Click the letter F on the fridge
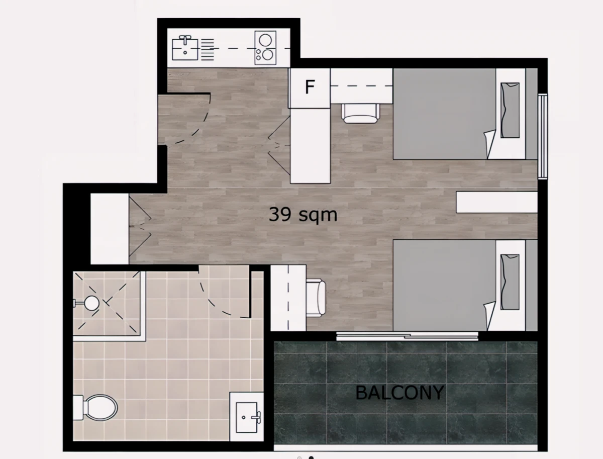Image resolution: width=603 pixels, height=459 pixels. click(x=310, y=87)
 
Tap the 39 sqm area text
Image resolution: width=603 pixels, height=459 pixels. click(x=303, y=215)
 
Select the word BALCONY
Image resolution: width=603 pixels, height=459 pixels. click(x=399, y=393)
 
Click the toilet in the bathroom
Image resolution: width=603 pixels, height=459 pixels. click(x=95, y=408)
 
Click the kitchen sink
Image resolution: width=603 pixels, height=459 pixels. click(x=185, y=48)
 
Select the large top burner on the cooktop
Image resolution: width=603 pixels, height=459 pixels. click(x=265, y=40)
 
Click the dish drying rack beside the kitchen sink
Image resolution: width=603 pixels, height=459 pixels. click(x=208, y=49)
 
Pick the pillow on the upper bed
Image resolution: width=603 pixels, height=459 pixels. click(x=510, y=110)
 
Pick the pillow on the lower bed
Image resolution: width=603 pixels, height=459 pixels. click(x=510, y=282)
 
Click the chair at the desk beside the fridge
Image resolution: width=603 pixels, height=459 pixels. click(x=360, y=114)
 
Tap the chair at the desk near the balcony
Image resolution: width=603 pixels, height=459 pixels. click(x=316, y=298)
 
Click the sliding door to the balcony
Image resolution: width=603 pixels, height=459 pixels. click(x=408, y=336)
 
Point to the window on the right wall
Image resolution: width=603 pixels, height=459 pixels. click(x=543, y=137)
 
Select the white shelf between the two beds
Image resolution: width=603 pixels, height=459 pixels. click(x=496, y=202)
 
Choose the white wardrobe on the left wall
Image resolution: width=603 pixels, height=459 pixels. click(x=110, y=229)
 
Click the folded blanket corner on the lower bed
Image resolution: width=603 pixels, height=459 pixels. click(x=490, y=316)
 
